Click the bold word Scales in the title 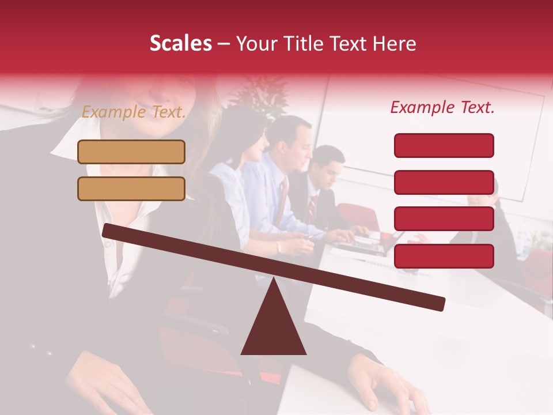click(x=180, y=43)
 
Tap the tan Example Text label click(x=134, y=112)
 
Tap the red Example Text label click(x=442, y=107)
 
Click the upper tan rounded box click(x=131, y=152)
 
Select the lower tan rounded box click(x=131, y=188)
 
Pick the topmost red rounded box click(x=444, y=145)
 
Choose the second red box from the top click(x=444, y=182)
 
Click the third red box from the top click(x=444, y=218)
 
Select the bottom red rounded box click(x=444, y=256)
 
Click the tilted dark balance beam click(x=273, y=267)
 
